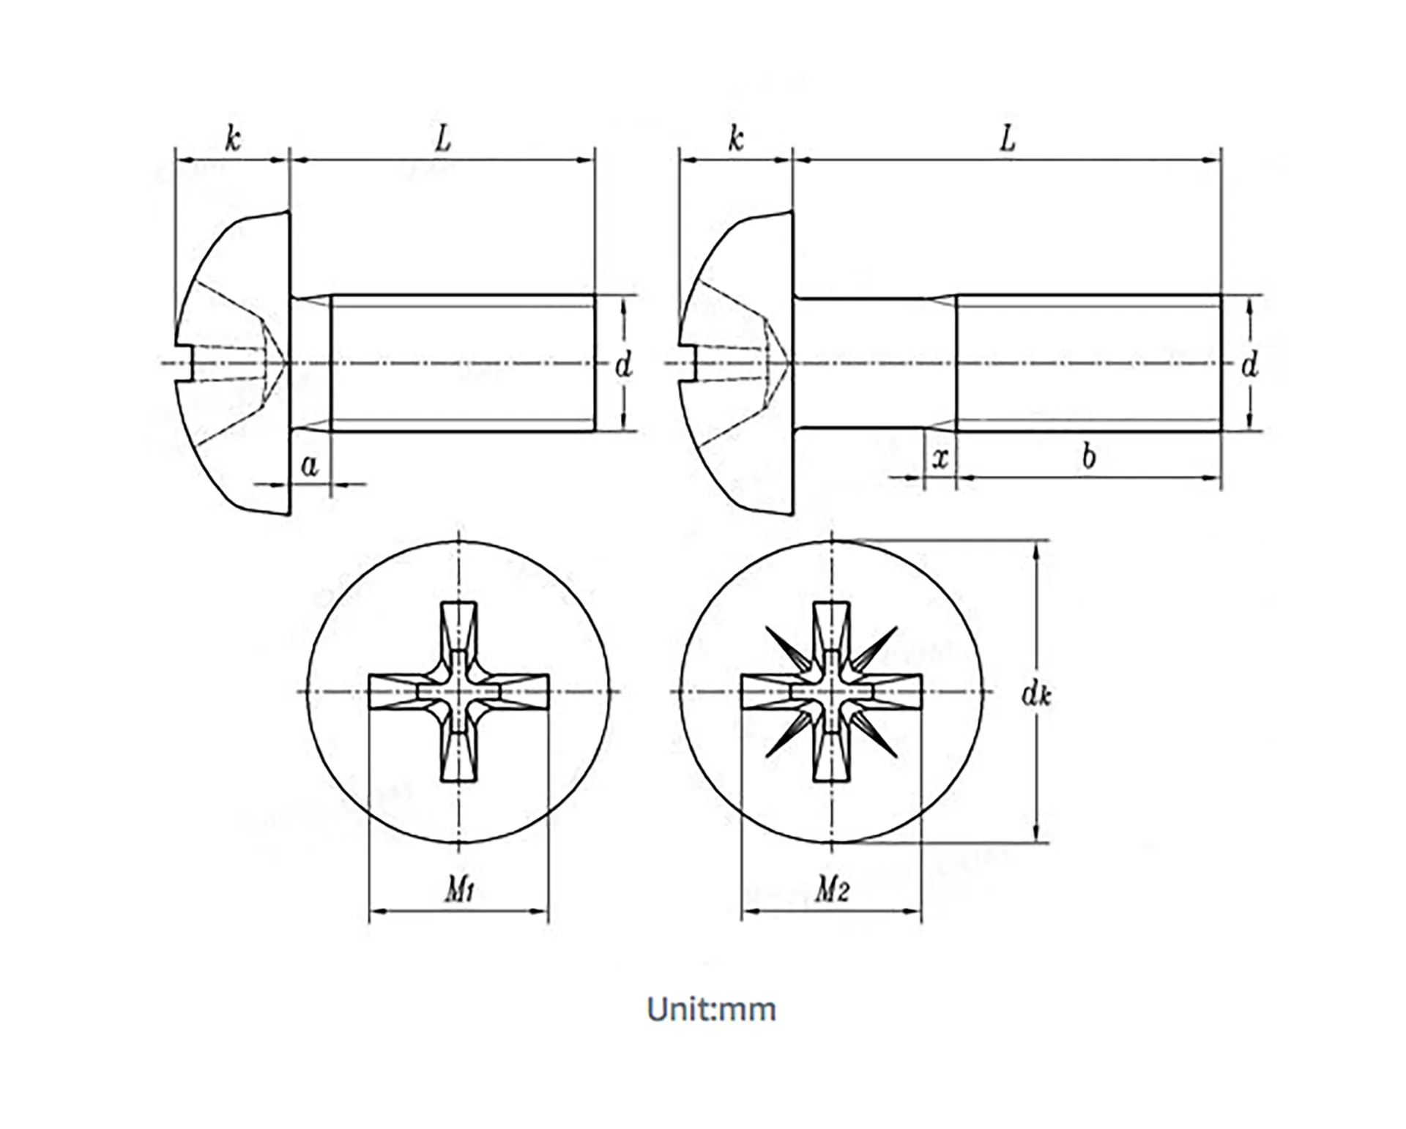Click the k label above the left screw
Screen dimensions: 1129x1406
click(x=232, y=138)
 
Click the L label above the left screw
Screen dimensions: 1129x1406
click(x=442, y=138)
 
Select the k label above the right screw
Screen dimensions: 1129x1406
click(x=735, y=138)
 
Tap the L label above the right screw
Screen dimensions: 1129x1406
click(x=1008, y=138)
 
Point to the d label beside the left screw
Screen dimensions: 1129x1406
click(x=623, y=365)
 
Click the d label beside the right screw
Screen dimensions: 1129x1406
click(x=1249, y=365)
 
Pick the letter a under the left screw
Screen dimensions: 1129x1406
click(x=310, y=465)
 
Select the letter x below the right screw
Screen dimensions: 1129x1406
click(x=940, y=458)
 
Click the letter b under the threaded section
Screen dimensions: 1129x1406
click(x=1089, y=457)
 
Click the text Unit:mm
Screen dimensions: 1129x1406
click(x=711, y=1010)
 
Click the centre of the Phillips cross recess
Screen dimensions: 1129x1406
click(x=459, y=692)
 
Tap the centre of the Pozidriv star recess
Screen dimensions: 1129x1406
click(x=832, y=692)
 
